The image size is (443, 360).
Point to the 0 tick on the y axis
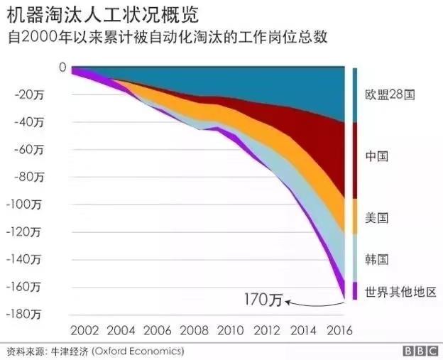(62, 67)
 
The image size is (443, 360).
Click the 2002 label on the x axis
(85, 331)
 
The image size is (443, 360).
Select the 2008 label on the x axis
(195, 331)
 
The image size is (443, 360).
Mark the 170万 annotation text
(263, 300)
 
